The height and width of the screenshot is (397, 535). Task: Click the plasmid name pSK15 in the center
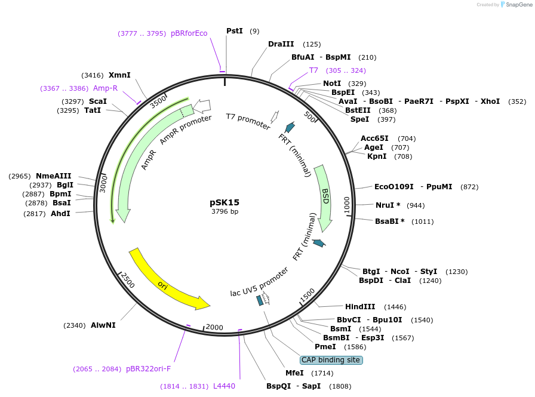pyautogui.click(x=225, y=202)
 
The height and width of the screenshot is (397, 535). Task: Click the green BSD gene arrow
pyautogui.click(x=324, y=197)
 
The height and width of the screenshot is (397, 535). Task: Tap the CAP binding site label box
pyautogui.click(x=331, y=360)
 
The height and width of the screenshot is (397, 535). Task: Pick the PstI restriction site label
pyautogui.click(x=235, y=30)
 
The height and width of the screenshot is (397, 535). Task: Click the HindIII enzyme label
pyautogui.click(x=360, y=307)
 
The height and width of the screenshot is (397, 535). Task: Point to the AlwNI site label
pyautogui.click(x=103, y=325)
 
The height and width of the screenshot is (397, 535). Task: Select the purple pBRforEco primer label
pyautogui.click(x=189, y=33)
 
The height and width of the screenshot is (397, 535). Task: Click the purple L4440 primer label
pyautogui.click(x=224, y=386)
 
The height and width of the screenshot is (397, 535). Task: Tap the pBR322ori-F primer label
pyautogui.click(x=148, y=369)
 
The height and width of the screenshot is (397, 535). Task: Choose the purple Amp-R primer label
pyautogui.click(x=105, y=88)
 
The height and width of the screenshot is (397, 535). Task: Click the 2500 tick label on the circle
pyautogui.click(x=128, y=280)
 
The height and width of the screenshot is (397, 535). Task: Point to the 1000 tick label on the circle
pyautogui.click(x=346, y=204)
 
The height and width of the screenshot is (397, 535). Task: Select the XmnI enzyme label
pyautogui.click(x=119, y=75)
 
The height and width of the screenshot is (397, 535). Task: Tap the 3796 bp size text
pyautogui.click(x=225, y=211)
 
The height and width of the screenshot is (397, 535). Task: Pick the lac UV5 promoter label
pyautogui.click(x=259, y=282)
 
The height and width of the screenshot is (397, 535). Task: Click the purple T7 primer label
pyautogui.click(x=313, y=70)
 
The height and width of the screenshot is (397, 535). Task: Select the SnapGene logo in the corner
pyautogui.click(x=516, y=5)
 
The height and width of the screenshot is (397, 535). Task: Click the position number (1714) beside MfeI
pyautogui.click(x=322, y=373)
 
